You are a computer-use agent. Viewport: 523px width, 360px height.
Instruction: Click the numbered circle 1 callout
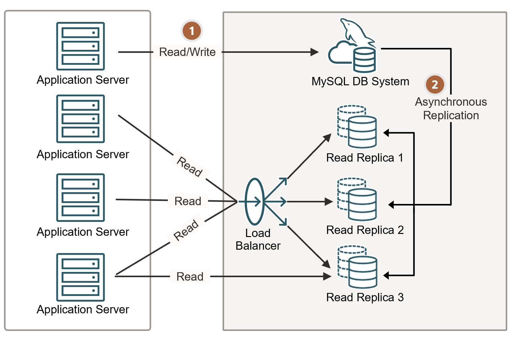[x=192, y=31]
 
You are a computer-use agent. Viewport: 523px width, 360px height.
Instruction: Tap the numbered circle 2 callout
[x=435, y=84]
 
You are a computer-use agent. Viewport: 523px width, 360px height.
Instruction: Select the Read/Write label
[x=187, y=52]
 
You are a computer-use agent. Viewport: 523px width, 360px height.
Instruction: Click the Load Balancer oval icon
[x=254, y=201]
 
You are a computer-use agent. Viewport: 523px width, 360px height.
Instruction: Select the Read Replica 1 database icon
[x=357, y=127]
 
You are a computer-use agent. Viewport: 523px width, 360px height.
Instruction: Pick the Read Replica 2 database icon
[x=357, y=199]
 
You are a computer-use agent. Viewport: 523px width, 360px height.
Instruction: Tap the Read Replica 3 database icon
[x=357, y=267]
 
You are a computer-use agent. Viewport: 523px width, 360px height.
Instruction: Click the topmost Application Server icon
[x=80, y=46]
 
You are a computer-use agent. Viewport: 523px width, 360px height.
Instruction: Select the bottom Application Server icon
[x=80, y=277]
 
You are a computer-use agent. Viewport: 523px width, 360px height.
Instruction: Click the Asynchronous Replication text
[x=451, y=108]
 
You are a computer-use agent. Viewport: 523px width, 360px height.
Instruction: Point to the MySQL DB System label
[x=360, y=82]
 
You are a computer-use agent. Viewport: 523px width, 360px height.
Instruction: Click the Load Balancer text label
[x=258, y=239]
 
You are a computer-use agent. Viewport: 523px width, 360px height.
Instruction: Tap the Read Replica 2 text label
[x=365, y=230]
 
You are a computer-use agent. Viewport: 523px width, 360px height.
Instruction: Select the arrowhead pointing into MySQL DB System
[x=315, y=52]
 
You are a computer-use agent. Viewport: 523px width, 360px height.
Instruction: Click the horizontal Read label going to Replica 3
[x=190, y=277]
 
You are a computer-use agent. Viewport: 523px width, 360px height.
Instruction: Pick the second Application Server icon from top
[x=80, y=119]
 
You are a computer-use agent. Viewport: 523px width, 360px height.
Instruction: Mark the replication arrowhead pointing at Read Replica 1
[x=386, y=133]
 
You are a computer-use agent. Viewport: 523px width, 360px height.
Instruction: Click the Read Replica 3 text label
[x=365, y=297]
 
